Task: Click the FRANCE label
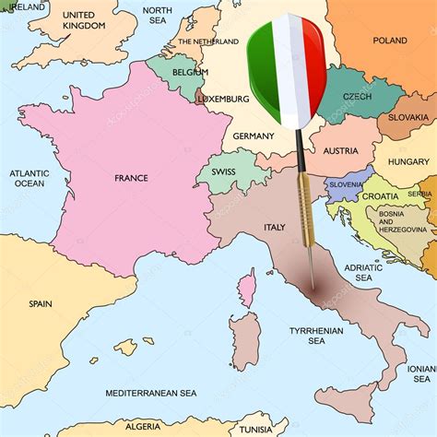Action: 131,178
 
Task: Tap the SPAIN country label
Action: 40,303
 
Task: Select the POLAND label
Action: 389,41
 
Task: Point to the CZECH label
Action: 357,97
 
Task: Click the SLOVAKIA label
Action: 407,117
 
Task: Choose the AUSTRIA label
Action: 340,151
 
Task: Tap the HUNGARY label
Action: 407,161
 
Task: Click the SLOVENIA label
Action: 346,184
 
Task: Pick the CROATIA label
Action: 380,196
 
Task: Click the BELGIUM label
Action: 190,71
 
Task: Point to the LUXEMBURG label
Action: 223,99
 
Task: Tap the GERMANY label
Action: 254,136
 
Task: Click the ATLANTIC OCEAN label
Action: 28,178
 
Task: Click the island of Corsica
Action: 246,289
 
